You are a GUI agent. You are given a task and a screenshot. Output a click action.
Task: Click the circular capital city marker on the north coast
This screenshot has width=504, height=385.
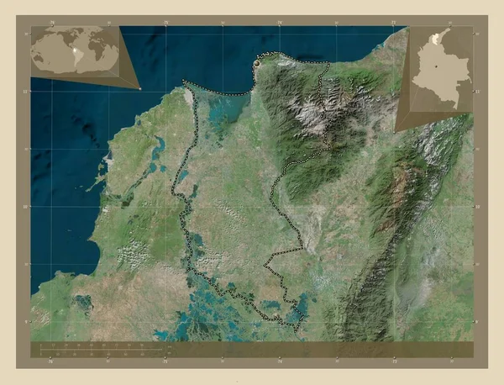point(256,62)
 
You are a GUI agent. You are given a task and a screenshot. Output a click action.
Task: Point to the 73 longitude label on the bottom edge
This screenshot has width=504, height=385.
point(393,362)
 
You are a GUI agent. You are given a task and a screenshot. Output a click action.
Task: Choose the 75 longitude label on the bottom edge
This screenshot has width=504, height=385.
point(166,362)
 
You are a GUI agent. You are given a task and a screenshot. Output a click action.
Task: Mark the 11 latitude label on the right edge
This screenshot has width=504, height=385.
point(476,90)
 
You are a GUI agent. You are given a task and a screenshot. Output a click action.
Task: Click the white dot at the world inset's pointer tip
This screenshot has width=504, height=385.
point(139,87)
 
